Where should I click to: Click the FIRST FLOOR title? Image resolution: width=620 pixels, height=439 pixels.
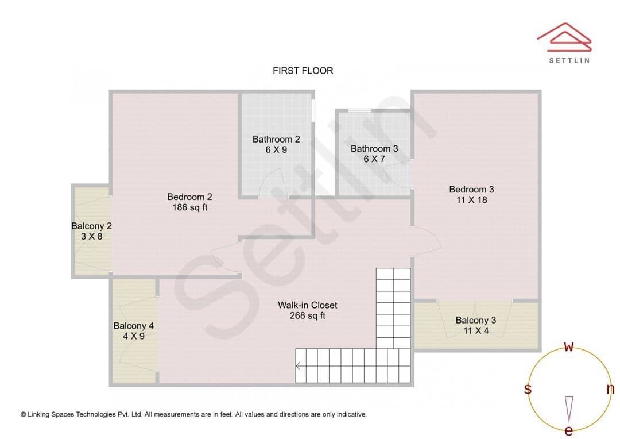coord(303,71)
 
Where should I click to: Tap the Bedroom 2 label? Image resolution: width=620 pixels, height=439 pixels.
coord(189,197)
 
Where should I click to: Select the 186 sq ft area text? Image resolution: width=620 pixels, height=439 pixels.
coord(190,207)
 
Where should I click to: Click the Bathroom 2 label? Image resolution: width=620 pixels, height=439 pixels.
coord(276,139)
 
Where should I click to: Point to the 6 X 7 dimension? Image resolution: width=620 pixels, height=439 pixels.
coord(374,159)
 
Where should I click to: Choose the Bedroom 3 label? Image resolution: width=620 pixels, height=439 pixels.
coord(471,189)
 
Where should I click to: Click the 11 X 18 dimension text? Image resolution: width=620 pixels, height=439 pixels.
coord(472,200)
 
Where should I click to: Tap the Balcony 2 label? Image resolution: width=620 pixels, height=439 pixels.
coord(91,226)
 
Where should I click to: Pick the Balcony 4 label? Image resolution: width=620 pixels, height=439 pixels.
coord(133,326)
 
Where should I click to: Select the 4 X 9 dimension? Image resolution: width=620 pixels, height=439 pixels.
coord(134,336)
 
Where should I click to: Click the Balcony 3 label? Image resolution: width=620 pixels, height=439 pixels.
coord(476,320)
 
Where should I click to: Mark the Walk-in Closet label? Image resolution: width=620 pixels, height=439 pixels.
coord(308,305)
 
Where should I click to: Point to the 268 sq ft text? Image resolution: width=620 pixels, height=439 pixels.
coord(308,315)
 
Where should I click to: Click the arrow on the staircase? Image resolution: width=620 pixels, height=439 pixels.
coord(298,366)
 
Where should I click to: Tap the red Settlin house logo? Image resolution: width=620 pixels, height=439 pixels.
coord(564,37)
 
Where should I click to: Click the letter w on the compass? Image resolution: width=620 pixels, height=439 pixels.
coord(568,346)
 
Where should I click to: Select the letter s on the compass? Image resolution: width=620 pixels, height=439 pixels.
coord(528,389)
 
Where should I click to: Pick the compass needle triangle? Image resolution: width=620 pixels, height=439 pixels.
coord(569,409)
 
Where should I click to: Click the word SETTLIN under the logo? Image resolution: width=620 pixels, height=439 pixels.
coord(569,60)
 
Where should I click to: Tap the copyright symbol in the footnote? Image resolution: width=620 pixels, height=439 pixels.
coord(24,414)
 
